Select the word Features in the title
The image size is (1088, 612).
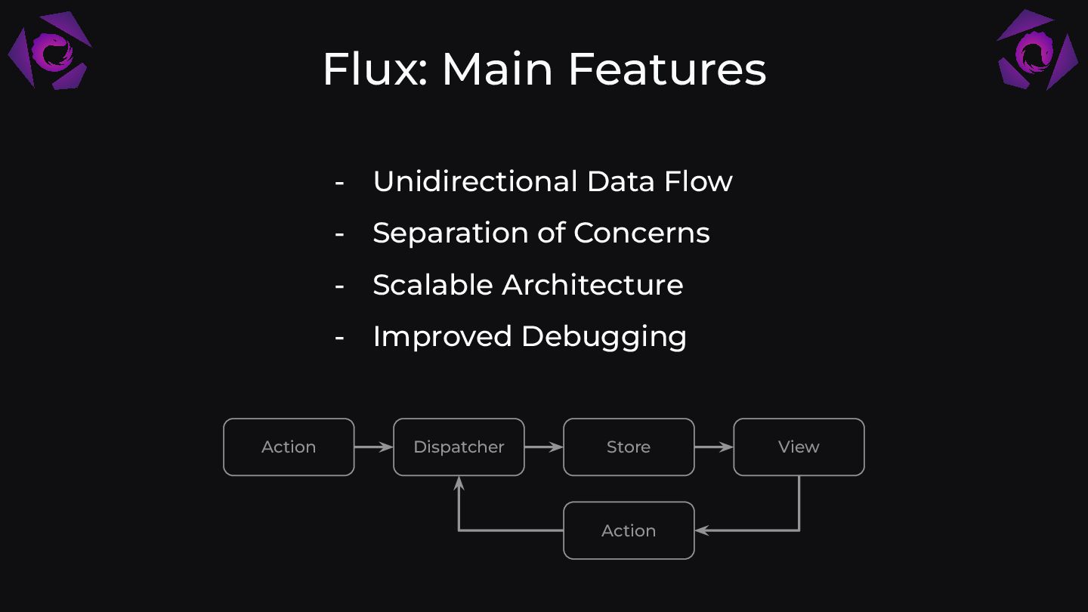tap(667, 69)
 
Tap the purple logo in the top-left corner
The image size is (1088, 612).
tap(50, 51)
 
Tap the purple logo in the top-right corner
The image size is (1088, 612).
tap(1037, 51)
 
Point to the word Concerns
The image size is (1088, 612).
tap(641, 233)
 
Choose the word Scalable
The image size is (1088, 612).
tap(432, 285)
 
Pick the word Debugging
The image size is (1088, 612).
tap(604, 337)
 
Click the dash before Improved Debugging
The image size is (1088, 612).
tap(339, 337)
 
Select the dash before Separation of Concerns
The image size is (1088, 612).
tap(339, 233)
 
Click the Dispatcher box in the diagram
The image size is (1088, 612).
tap(459, 447)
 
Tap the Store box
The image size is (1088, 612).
tap(629, 447)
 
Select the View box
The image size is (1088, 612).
tap(799, 447)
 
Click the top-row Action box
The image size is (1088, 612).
tap(289, 447)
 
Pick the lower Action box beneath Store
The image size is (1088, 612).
tap(629, 530)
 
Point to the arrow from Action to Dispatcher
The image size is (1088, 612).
tap(373, 447)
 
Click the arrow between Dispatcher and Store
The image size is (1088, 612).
tap(543, 447)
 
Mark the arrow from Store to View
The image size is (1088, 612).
tap(713, 447)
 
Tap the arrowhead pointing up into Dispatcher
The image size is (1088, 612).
tap(459, 482)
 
